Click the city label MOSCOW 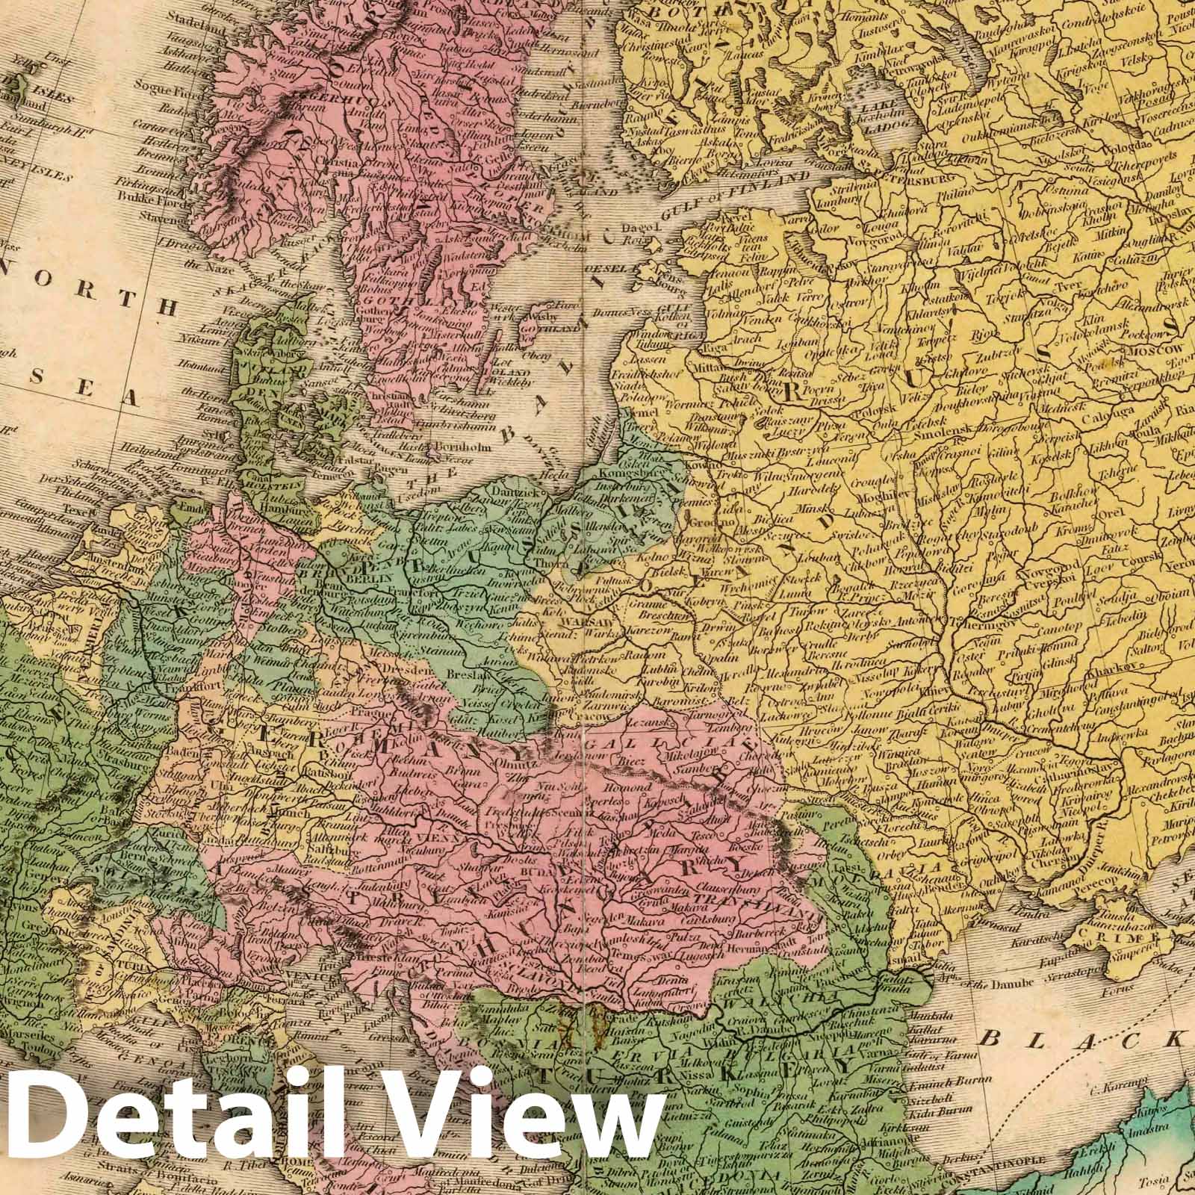1156,348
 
